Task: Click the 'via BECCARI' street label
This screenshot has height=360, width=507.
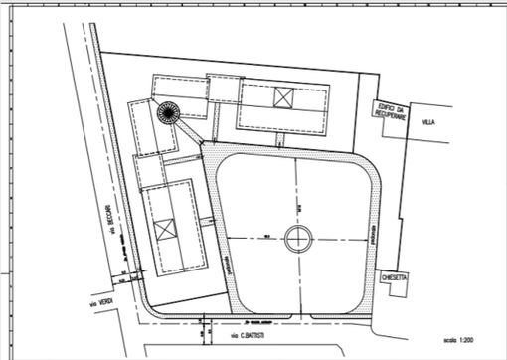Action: point(114,231)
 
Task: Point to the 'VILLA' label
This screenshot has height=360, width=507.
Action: point(428,123)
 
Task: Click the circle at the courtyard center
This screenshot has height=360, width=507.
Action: point(297,238)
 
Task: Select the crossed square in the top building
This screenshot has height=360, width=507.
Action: point(284,97)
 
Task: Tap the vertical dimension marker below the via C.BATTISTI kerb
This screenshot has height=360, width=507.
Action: point(204,329)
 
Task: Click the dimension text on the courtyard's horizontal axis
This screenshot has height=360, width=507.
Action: point(268,236)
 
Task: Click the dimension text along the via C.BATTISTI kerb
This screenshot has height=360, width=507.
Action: point(261,323)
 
